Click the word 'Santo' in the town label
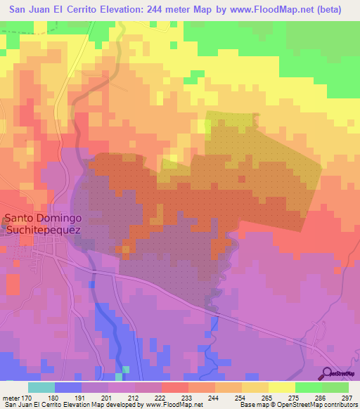point(20,218)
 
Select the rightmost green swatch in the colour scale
point(335,387)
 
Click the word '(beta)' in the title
point(329,10)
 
